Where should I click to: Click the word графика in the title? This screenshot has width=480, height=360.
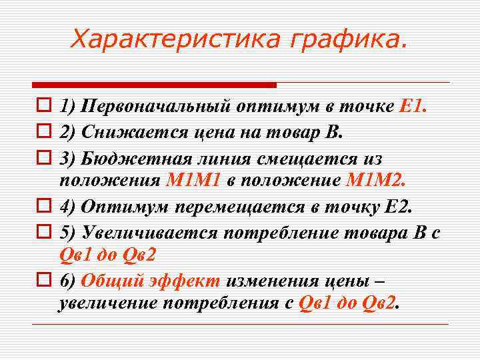click(x=346, y=39)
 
